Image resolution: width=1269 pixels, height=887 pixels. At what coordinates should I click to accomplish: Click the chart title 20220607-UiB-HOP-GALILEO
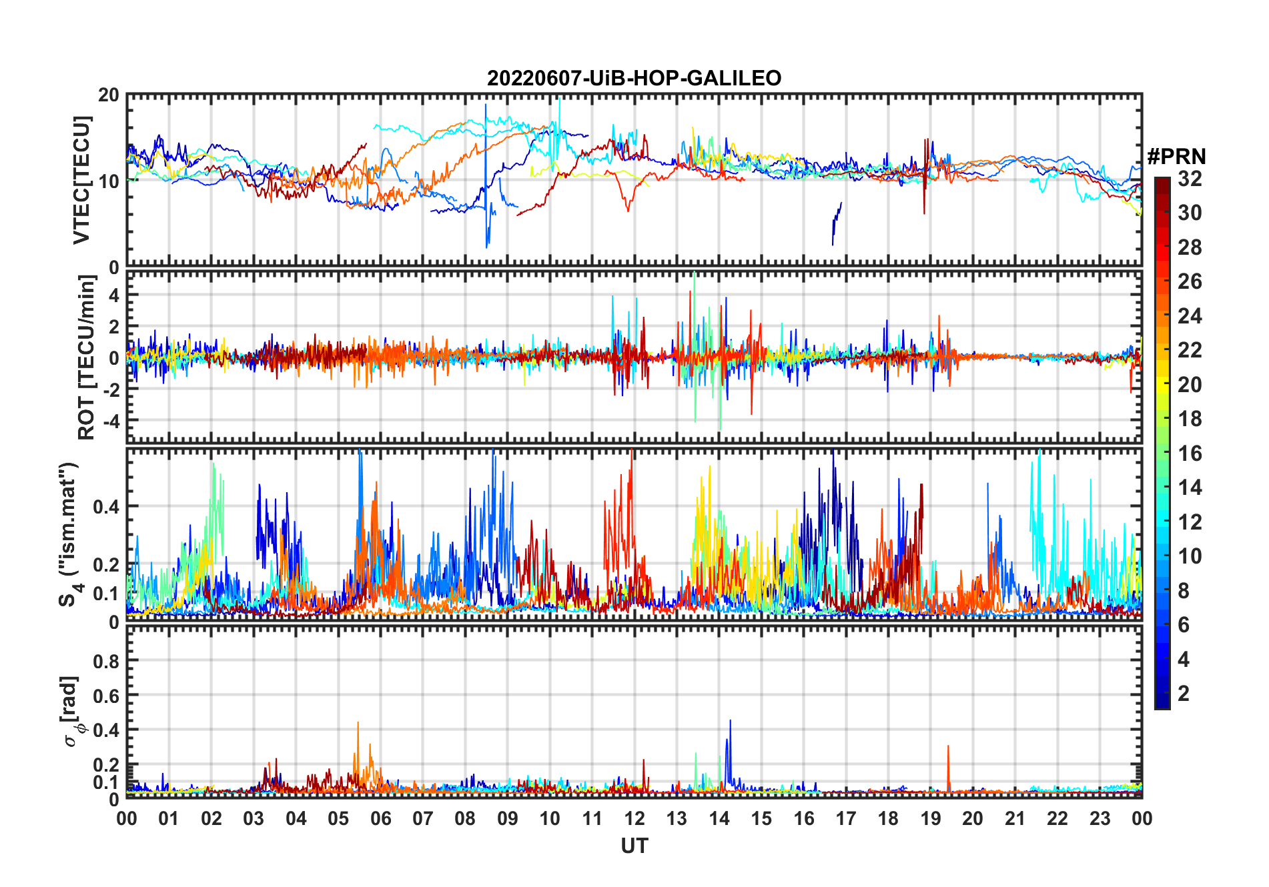click(x=634, y=79)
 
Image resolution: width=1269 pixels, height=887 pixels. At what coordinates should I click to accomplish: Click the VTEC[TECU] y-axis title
click(x=81, y=180)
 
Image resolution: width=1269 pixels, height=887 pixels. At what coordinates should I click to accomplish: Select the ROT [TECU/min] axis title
click(x=86, y=357)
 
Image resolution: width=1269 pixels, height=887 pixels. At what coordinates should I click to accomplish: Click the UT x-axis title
click(x=634, y=846)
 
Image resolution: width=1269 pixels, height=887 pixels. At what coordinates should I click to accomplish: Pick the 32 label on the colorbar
click(x=1190, y=179)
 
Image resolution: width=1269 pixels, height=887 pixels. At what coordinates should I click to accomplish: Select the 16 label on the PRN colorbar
click(x=1190, y=454)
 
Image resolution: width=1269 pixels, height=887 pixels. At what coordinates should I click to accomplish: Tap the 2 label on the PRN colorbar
click(x=1184, y=694)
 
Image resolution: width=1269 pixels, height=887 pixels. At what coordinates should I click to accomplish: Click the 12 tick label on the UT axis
click(x=634, y=819)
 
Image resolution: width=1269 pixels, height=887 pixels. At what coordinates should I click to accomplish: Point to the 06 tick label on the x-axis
click(x=380, y=819)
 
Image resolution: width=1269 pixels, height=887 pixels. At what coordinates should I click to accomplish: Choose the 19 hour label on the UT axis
click(x=931, y=819)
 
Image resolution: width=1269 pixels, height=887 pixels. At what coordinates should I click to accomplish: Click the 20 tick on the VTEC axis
click(x=109, y=95)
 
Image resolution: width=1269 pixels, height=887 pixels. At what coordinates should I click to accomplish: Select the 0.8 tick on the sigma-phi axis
click(x=106, y=661)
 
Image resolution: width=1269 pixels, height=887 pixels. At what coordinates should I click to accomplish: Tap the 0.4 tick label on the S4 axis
click(x=106, y=507)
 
